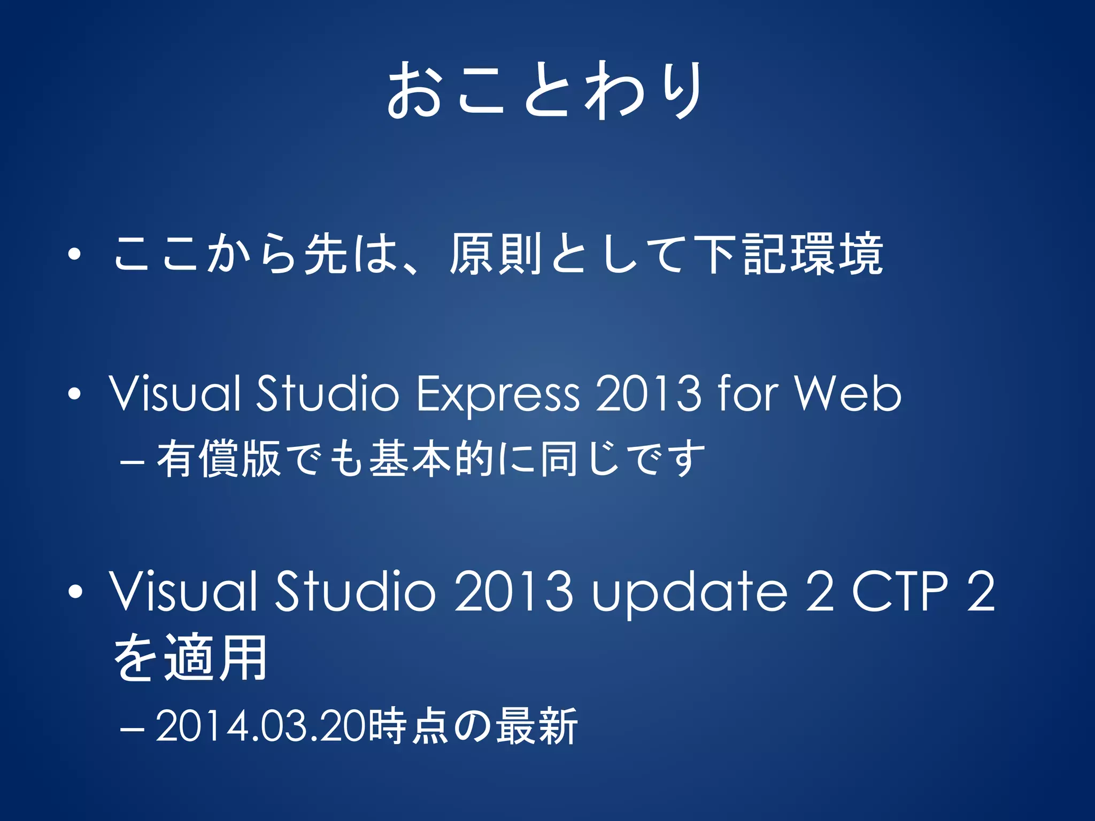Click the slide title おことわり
click(545, 90)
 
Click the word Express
click(497, 394)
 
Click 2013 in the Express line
click(647, 394)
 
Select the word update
click(690, 592)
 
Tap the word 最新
click(536, 726)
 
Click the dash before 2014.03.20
click(132, 728)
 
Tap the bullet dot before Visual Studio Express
click(75, 394)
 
